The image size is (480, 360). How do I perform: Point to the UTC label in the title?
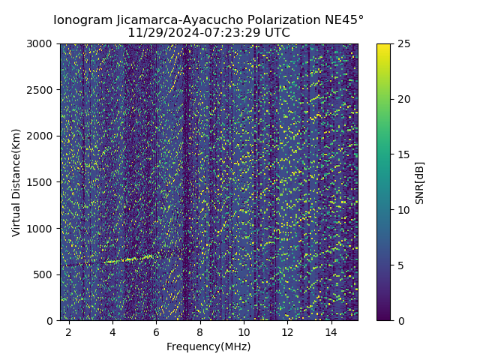click(x=277, y=33)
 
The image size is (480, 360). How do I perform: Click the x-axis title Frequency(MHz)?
click(x=208, y=346)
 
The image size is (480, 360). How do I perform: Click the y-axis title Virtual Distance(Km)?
click(x=16, y=182)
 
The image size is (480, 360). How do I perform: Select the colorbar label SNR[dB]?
click(x=420, y=182)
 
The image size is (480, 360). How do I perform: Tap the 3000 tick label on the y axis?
click(x=40, y=43)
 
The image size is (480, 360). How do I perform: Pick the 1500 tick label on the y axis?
click(x=40, y=182)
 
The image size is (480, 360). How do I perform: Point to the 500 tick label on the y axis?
click(x=43, y=274)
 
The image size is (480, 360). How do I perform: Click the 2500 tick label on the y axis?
click(x=40, y=90)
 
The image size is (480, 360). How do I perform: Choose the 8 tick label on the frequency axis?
click(x=200, y=331)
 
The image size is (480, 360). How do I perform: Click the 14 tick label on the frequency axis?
click(x=331, y=331)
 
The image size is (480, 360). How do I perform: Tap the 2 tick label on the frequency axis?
click(x=69, y=331)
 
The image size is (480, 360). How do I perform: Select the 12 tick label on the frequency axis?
click(x=287, y=331)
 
